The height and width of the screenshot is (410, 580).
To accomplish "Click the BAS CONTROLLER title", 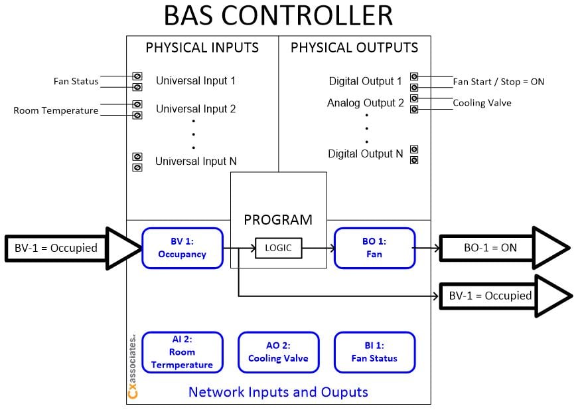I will point(278,16).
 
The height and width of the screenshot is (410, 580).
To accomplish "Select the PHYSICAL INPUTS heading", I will point(202,48).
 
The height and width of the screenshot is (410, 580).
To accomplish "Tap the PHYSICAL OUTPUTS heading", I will point(354,48).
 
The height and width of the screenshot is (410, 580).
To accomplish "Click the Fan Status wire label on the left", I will point(76,82).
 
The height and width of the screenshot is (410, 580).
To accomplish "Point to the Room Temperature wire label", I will point(56,110).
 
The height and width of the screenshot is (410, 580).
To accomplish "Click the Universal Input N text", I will point(196,161).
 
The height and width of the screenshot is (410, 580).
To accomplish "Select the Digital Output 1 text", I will point(365,82).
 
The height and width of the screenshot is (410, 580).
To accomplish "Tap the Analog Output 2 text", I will point(365,103).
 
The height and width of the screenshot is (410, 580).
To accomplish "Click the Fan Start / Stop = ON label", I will point(498,82).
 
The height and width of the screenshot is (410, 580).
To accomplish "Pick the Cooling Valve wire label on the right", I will point(482,103).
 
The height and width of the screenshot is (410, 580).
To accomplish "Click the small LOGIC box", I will point(278,249).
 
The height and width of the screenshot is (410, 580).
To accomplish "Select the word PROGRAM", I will point(278,220).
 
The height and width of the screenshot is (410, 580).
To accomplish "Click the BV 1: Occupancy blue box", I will point(182,249).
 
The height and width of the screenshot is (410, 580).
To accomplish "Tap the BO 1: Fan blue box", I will point(374,249).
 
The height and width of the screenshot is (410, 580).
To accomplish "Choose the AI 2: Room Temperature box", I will point(182,352).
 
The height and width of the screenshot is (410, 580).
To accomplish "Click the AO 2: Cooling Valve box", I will point(278,352).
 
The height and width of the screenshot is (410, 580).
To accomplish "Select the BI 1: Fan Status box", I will point(374,352).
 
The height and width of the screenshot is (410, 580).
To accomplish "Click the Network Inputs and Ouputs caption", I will point(278,392).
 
